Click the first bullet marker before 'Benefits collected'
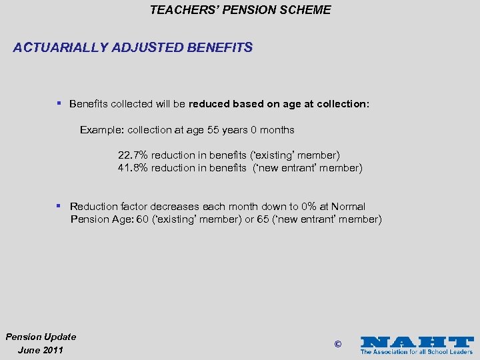[59, 103]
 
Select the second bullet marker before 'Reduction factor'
[59, 206]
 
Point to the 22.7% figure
[133, 155]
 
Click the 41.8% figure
[133, 168]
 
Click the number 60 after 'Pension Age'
[142, 219]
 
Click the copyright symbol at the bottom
[337, 344]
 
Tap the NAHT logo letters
[417, 341]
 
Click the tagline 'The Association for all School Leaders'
[417, 351]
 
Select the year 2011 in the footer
[52, 350]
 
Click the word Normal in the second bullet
[348, 207]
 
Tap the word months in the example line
[277, 130]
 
